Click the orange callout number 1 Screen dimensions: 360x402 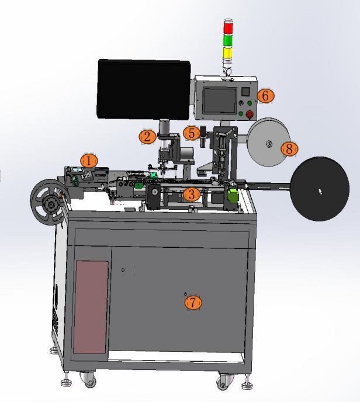89,161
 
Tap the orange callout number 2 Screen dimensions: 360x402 147,137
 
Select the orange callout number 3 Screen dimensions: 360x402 192,195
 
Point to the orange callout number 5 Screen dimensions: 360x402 192,133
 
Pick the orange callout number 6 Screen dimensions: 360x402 266,96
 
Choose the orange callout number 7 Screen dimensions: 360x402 193,303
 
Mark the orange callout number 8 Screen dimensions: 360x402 289,148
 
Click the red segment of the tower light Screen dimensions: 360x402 228,27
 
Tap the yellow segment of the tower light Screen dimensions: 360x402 227,53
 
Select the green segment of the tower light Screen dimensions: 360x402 228,40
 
